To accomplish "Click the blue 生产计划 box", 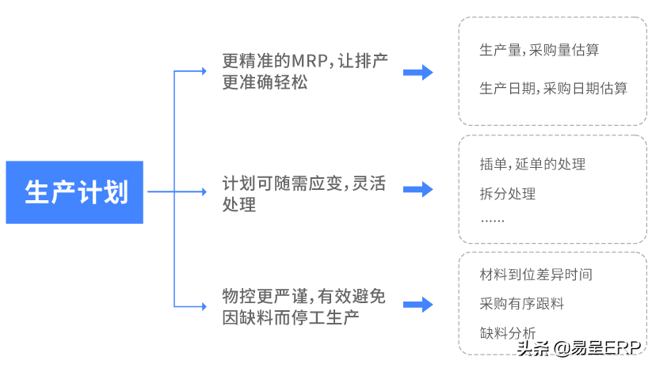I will [x=74, y=192].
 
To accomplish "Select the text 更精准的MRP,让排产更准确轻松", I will [x=305, y=72].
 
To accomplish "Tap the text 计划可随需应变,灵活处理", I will [x=305, y=195].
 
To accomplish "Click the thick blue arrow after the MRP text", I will [x=418, y=73].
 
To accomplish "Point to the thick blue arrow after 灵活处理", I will [x=418, y=189].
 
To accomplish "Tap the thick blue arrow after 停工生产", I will [x=418, y=305].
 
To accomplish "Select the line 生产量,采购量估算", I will [x=539, y=51].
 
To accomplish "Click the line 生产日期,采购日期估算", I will [x=553, y=89].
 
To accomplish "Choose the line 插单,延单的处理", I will [x=532, y=165].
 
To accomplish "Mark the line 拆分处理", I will [x=508, y=194].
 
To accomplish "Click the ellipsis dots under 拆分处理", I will [x=492, y=221].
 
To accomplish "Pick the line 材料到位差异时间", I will [x=536, y=275].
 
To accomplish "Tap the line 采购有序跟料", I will [x=521, y=303].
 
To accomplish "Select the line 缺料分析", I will [x=507, y=332].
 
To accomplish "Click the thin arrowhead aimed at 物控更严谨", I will [x=203, y=305].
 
